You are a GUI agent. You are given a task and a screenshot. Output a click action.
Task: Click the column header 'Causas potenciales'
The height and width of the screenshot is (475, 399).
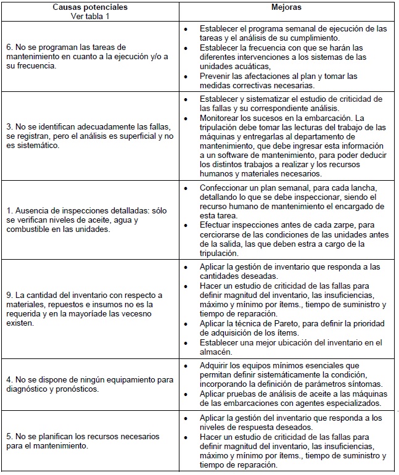tap(91, 7)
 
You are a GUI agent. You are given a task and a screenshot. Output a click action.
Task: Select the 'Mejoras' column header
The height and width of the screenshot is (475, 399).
tap(287, 7)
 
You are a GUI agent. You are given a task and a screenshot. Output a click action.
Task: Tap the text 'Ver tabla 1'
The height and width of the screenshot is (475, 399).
tap(91, 16)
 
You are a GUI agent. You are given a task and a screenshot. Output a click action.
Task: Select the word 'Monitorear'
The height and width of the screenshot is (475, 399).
tap(221, 118)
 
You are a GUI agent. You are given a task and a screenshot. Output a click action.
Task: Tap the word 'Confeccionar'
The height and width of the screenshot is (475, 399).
tap(226, 188)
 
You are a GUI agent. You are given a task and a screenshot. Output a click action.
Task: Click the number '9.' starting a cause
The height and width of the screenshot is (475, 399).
tap(10, 295)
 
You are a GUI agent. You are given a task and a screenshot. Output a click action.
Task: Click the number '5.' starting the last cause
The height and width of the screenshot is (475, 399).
tap(10, 436)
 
